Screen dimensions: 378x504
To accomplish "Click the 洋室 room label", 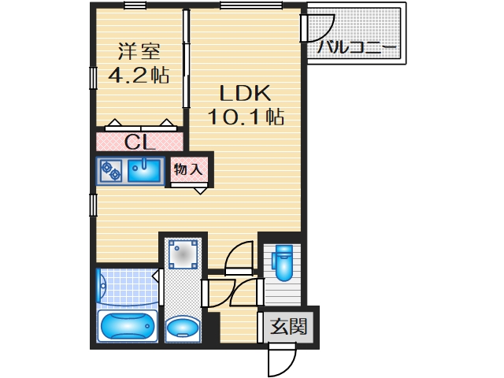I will [x=139, y=52].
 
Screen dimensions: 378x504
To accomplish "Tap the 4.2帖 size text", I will [x=139, y=76].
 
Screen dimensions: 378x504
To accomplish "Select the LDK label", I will [x=244, y=93].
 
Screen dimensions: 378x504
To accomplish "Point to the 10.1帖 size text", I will [x=245, y=117].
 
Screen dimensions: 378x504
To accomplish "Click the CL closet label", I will [x=140, y=143].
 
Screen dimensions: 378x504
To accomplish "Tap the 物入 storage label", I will [x=189, y=169].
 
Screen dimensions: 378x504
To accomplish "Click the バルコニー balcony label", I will [x=357, y=47].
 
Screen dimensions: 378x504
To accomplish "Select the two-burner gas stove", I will [x=110, y=170].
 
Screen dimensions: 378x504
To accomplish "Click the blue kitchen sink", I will [x=144, y=169].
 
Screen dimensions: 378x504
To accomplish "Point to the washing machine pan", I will [x=184, y=254].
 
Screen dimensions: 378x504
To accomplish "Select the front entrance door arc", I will [x=281, y=360].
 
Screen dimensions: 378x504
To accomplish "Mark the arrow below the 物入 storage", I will [x=200, y=190].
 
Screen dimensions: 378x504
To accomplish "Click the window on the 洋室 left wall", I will [x=93, y=80].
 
